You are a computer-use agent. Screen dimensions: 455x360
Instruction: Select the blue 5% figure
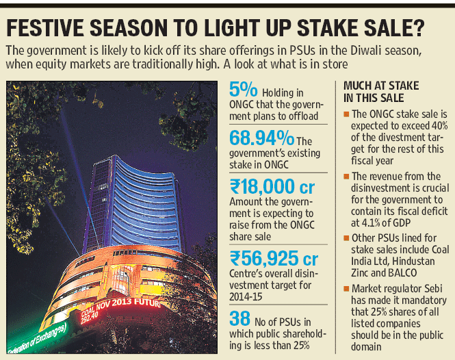[243, 89]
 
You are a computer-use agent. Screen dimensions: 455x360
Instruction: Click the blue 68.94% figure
[262, 138]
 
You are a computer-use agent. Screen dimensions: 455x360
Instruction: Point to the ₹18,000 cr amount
[272, 187]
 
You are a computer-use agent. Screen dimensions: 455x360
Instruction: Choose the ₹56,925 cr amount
[274, 259]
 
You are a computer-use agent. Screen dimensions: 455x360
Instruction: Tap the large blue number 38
[239, 318]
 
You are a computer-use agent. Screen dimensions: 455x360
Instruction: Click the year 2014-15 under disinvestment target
[246, 297]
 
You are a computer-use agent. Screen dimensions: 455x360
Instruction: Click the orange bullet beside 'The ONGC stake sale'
[346, 114]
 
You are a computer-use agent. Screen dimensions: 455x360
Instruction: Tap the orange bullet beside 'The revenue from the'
[346, 176]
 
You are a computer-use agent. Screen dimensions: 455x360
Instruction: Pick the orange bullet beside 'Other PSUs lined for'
[346, 238]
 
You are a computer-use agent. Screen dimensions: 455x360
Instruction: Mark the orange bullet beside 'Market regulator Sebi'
[346, 289]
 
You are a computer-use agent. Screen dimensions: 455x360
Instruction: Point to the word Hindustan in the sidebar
[414, 261]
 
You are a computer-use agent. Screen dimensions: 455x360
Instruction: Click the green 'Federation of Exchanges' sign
[37, 338]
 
